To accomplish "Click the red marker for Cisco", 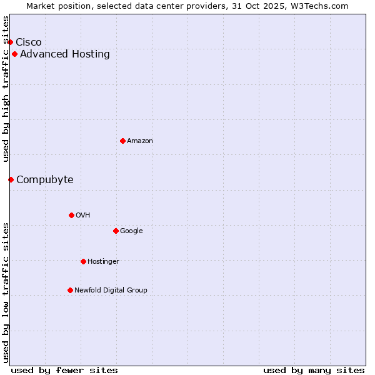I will (x=10, y=42).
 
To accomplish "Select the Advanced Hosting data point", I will (x=14, y=54).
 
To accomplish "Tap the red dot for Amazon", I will (x=122, y=141).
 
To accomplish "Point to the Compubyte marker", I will (x=11, y=179).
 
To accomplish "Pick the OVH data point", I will (x=71, y=215).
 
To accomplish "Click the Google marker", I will (x=116, y=231).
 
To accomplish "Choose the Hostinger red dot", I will (x=83, y=261).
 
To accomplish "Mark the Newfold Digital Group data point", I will (x=70, y=290).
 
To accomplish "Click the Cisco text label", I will (x=29, y=42).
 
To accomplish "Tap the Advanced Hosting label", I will (x=65, y=54).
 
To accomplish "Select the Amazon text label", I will (x=140, y=141).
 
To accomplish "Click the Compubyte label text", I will (x=45, y=179).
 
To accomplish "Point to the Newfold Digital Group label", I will (x=111, y=290).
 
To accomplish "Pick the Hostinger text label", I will (x=104, y=261).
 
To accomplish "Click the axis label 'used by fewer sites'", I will (x=64, y=370).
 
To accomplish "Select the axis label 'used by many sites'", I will (x=314, y=370).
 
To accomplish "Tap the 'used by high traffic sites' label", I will (x=6, y=89).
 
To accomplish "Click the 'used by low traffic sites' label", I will (x=6, y=292).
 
